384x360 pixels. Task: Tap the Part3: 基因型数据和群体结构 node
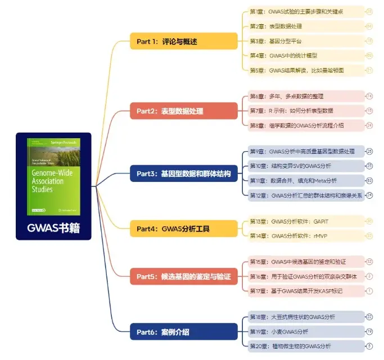[x=183, y=174]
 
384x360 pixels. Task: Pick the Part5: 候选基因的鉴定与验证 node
[x=183, y=276]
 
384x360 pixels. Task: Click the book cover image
[x=53, y=176]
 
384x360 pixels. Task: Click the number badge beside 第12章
[x=369, y=195]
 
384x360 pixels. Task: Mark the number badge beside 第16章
[x=369, y=276]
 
